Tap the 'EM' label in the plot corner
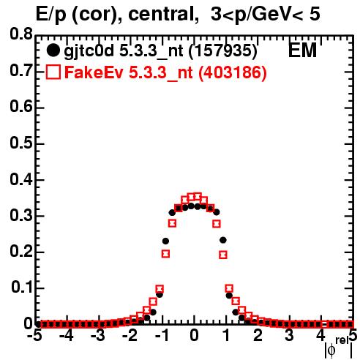point(302,50)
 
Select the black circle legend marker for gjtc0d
point(53,50)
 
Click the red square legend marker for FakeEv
point(53,72)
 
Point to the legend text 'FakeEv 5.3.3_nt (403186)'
point(166,72)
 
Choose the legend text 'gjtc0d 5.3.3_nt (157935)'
point(161,51)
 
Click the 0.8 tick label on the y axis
point(21,34)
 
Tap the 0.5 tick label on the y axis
point(21,143)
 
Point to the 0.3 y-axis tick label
point(21,216)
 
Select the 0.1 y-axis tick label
point(22,288)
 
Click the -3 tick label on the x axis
point(98,335)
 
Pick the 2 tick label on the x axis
point(258,335)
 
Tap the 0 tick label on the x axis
point(194,335)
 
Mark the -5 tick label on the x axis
point(34,335)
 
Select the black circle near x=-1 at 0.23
point(165,241)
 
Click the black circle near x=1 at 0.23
point(223,240)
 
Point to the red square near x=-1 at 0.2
point(165,254)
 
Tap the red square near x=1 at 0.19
point(223,255)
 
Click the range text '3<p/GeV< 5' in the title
point(265,15)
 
